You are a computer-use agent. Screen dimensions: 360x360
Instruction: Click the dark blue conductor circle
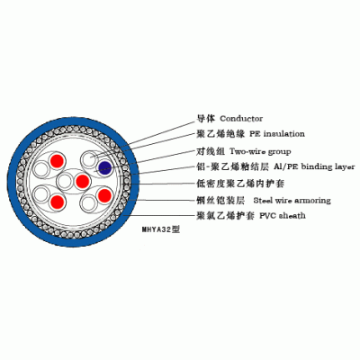[105, 166]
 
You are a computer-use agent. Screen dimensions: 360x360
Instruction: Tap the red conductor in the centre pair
[83, 181]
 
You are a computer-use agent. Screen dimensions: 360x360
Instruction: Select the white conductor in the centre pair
[65, 181]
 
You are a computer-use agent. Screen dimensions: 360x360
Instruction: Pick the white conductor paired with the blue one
[89, 159]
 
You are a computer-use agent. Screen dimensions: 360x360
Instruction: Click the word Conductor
[241, 119]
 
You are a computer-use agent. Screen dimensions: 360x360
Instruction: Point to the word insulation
[284, 134]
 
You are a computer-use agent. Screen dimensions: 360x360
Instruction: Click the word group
[279, 152]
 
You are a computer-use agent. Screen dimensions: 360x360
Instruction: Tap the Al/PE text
[286, 166]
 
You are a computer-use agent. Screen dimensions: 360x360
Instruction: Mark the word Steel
[263, 201]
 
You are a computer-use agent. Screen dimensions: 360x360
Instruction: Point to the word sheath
[292, 215]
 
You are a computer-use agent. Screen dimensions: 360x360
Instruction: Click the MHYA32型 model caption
[161, 229]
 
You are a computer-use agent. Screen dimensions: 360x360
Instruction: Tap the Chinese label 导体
[206, 119]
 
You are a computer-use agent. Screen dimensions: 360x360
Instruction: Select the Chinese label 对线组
[211, 151]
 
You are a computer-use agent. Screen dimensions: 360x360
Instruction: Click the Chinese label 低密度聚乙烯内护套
[240, 183]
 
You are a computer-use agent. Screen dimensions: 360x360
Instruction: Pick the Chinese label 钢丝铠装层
[220, 200]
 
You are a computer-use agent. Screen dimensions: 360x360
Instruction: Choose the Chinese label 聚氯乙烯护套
[226, 215]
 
